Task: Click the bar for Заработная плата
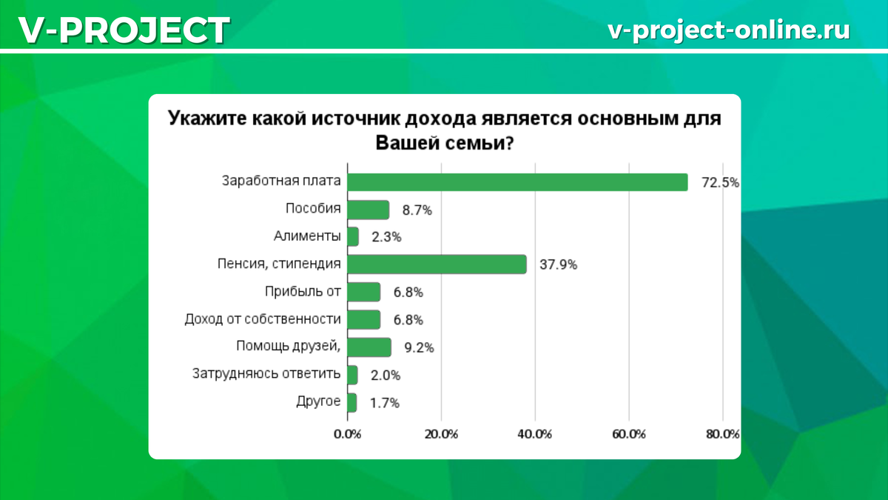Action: pyautogui.click(x=517, y=182)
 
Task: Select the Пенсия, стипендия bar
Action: pyautogui.click(x=437, y=264)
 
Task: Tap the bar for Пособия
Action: pyautogui.click(x=368, y=210)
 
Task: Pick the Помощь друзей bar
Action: pyautogui.click(x=369, y=347)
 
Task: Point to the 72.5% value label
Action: pyautogui.click(x=720, y=183)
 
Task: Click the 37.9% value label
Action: pyautogui.click(x=558, y=265)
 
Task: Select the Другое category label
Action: pyautogui.click(x=318, y=402)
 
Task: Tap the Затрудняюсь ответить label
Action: pyautogui.click(x=266, y=375)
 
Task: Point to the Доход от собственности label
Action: pyautogui.click(x=263, y=320)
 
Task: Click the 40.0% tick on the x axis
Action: pyautogui.click(x=535, y=434)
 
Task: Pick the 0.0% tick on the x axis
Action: pyautogui.click(x=347, y=434)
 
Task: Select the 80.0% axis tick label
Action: pyautogui.click(x=722, y=434)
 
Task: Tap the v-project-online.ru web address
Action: pyautogui.click(x=728, y=30)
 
